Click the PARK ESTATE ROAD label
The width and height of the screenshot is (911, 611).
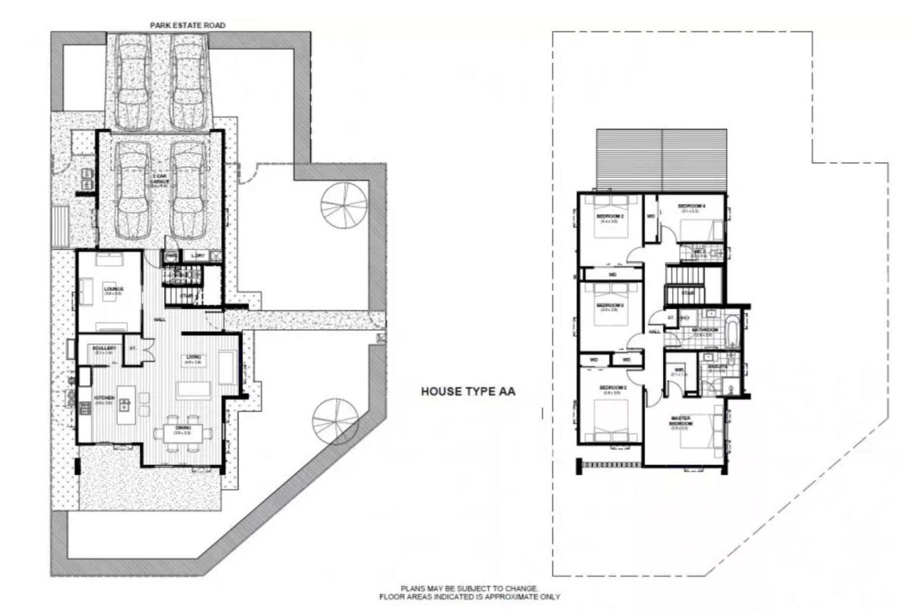tap(187, 25)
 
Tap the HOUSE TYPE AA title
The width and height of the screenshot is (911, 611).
tap(468, 392)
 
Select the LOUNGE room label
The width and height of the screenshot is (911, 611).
tap(113, 289)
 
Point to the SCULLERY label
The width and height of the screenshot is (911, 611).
tap(100, 348)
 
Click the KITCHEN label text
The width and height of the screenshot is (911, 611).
tap(104, 398)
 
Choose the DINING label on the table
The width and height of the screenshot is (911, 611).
tap(183, 428)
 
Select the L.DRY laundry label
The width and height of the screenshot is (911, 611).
tap(198, 256)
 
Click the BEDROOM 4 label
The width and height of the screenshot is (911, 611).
tap(692, 206)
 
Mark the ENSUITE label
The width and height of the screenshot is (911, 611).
tap(716, 367)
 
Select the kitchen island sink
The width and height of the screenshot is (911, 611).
tap(125, 405)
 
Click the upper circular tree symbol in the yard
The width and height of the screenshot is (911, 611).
tap(344, 207)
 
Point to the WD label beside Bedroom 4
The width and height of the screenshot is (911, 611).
tap(651, 217)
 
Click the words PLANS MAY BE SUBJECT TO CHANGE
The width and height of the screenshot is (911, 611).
tap(469, 588)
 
